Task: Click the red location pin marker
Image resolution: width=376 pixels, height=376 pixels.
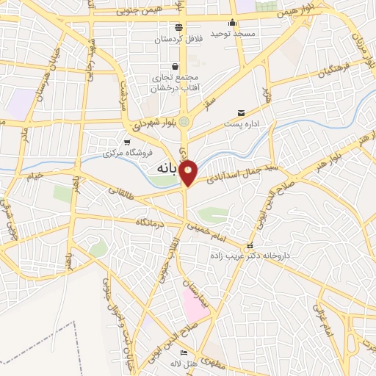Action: click(x=189, y=173)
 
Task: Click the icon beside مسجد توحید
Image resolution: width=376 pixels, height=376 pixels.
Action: click(x=232, y=22)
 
